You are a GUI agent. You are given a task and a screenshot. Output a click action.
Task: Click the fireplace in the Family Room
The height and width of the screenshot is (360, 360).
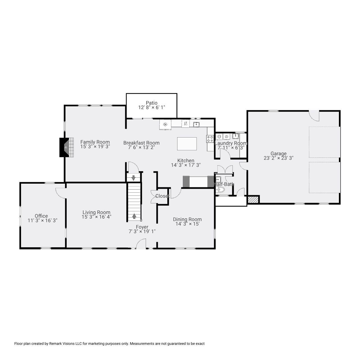coord(66,147)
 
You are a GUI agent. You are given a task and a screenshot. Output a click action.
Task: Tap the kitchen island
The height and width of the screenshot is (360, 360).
coord(187,144)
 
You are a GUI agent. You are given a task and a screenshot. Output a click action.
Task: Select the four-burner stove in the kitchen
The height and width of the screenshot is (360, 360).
coord(210,139)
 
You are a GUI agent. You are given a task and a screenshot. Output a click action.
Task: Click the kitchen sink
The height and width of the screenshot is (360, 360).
coord(196,124)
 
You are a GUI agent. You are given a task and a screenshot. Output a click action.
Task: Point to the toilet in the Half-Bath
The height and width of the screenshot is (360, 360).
coord(220,190)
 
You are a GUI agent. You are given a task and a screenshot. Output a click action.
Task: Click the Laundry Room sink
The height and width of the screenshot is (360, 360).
coord(235,136)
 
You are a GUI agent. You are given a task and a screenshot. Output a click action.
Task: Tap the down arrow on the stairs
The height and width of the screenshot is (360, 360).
coord(133,178)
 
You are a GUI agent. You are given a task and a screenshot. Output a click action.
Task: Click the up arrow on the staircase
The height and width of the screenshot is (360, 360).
coord(134,216)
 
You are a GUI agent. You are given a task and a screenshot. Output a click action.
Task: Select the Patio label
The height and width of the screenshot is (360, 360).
coord(152,103)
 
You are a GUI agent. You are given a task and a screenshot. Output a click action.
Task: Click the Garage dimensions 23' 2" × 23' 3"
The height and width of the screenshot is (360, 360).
coord(278,158)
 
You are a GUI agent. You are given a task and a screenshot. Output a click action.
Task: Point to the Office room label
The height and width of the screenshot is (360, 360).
coord(41,216)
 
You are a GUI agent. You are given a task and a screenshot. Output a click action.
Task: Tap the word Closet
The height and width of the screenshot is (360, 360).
coord(163,196)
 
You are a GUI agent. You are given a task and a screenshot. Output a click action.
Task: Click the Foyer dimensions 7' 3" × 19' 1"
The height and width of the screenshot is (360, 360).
coord(142,231)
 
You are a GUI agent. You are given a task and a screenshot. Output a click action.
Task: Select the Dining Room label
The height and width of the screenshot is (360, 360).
coord(187,219)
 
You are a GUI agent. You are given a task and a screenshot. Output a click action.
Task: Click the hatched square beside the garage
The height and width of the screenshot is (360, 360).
coord(253,199)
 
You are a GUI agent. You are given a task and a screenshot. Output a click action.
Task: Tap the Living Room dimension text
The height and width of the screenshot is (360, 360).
coord(96,217)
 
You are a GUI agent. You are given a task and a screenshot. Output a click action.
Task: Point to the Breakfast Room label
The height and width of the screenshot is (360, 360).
coord(141,143)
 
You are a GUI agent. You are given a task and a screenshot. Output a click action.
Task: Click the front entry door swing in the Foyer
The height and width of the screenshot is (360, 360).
coord(141,244)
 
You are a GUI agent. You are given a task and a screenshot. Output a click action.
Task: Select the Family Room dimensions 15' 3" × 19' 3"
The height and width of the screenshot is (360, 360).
coord(95,147)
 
